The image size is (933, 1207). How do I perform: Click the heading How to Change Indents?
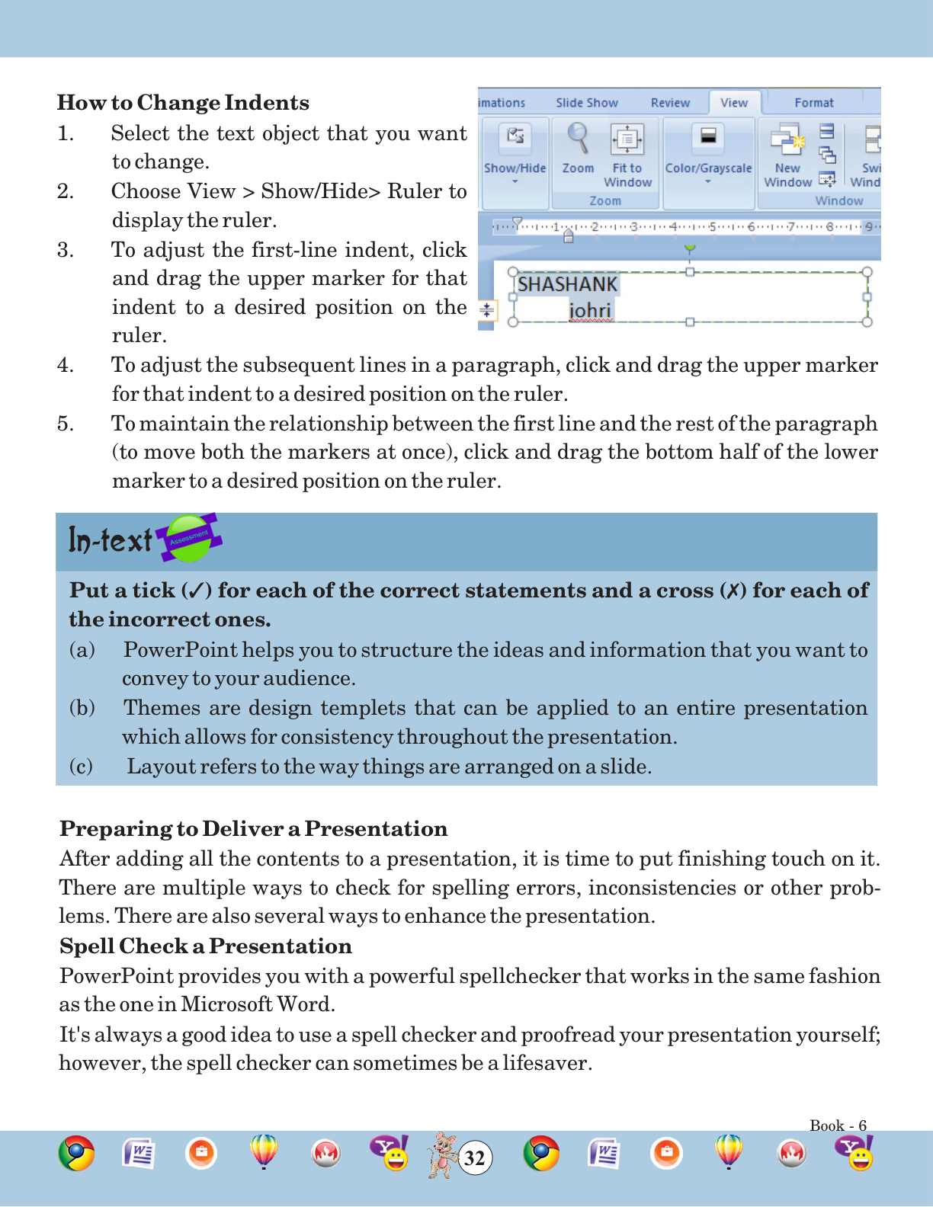183,103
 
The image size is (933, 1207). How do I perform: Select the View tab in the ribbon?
733,103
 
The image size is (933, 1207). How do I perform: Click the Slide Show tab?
586,103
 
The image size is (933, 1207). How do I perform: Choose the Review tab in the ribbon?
670,103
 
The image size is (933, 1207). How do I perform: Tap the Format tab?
813,103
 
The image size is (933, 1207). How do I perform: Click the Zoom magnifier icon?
578,139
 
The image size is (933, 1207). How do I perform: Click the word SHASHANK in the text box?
567,284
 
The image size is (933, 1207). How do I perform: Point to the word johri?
590,310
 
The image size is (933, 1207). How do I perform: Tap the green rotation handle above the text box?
689,248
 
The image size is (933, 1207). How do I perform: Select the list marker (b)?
82,708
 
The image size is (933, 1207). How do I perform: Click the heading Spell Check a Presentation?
206,946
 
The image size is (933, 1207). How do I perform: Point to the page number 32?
474,1158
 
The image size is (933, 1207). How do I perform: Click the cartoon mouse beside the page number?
441,1154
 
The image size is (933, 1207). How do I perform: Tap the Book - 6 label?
838,1125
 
